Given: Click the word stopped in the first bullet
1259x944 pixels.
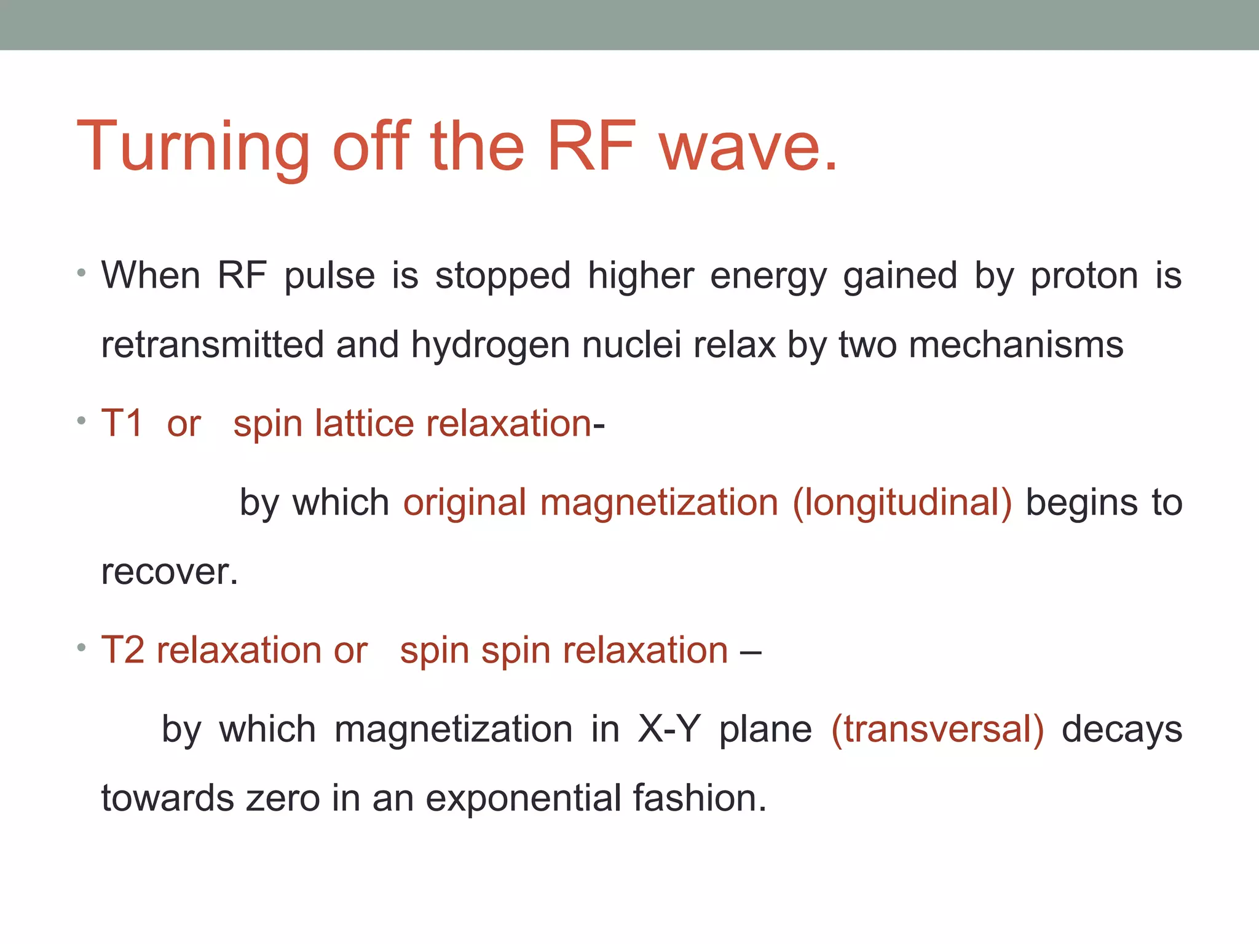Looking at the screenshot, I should (x=503, y=277).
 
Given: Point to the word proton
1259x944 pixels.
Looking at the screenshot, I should (x=1084, y=277).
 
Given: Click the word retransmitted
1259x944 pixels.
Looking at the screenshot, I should (x=212, y=345).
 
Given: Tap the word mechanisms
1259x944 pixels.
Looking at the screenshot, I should (x=1016, y=345).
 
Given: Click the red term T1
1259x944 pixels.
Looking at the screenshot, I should (x=122, y=423).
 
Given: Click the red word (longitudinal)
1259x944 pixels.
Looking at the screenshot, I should (x=902, y=503).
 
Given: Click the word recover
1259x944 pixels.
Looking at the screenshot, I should (x=168, y=572).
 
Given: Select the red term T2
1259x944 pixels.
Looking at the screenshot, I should (x=122, y=650).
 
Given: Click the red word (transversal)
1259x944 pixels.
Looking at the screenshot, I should (x=937, y=730).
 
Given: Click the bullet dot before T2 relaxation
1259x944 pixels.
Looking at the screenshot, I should (x=81, y=648).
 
